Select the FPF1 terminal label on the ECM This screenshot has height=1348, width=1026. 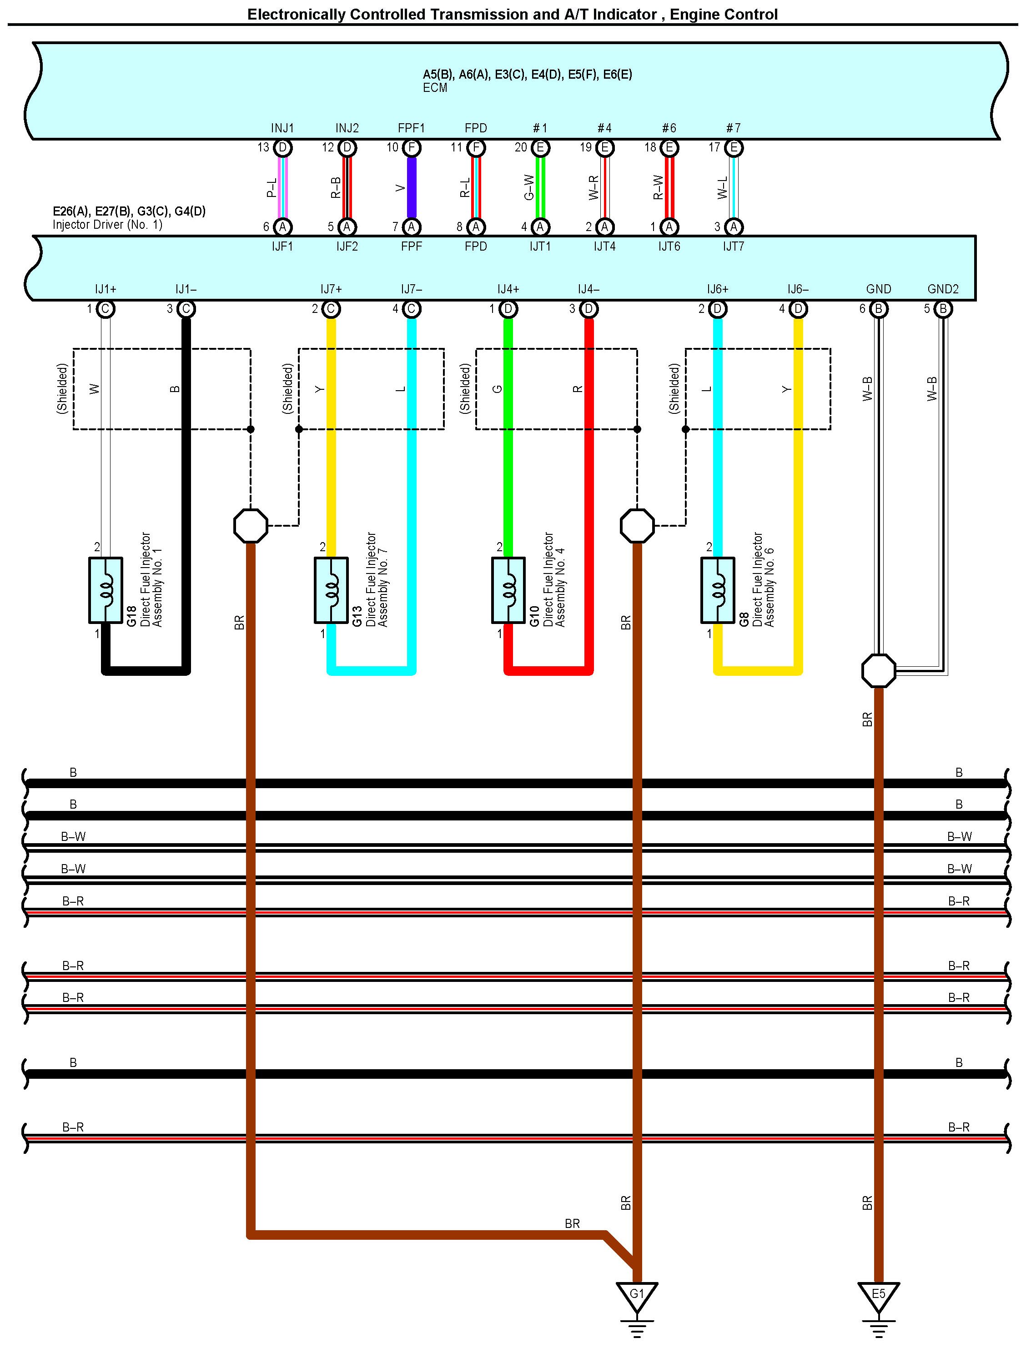tap(411, 128)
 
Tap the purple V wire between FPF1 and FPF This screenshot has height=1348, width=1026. tap(412, 187)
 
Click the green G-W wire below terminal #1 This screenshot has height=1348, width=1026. tap(540, 187)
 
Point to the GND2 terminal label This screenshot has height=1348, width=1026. tap(942, 289)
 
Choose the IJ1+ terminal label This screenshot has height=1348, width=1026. tap(106, 289)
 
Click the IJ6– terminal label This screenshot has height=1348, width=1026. tap(798, 289)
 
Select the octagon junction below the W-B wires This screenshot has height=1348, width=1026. tap(878, 671)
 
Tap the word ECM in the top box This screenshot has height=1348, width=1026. tap(435, 88)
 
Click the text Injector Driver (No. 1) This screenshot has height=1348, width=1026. tap(107, 225)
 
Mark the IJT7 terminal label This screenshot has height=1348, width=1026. tap(734, 247)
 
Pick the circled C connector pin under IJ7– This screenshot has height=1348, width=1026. tap(412, 309)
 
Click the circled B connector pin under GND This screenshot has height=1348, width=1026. tap(878, 309)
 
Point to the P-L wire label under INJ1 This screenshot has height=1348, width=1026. tap(271, 187)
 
